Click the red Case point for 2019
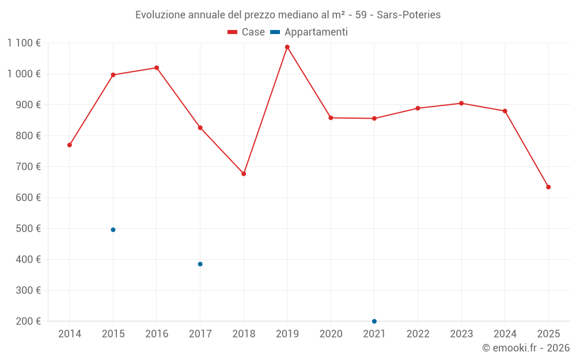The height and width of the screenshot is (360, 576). pyautogui.click(x=287, y=47)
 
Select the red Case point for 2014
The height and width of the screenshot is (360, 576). pyautogui.click(x=70, y=145)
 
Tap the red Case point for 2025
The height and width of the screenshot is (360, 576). pyautogui.click(x=548, y=187)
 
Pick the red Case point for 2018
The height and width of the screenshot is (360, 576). pyautogui.click(x=244, y=174)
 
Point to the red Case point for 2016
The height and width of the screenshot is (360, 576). pyautogui.click(x=157, y=68)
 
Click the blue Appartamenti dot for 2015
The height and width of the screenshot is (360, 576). pyautogui.click(x=113, y=230)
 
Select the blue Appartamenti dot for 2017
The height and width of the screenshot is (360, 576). pyautogui.click(x=200, y=264)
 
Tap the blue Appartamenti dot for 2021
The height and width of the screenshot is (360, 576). pyautogui.click(x=374, y=321)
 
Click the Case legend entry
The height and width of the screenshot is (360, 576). pyautogui.click(x=246, y=32)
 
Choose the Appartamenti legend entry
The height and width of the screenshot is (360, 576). pyautogui.click(x=309, y=32)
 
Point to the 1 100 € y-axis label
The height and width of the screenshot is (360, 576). pyautogui.click(x=24, y=43)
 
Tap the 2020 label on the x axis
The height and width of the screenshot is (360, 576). pyautogui.click(x=331, y=334)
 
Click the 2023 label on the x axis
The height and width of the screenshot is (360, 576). pyautogui.click(x=461, y=334)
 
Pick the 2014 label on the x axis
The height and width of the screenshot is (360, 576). pyautogui.click(x=70, y=334)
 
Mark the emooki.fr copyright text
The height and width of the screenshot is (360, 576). pyautogui.click(x=525, y=348)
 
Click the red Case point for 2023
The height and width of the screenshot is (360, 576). pyautogui.click(x=461, y=104)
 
